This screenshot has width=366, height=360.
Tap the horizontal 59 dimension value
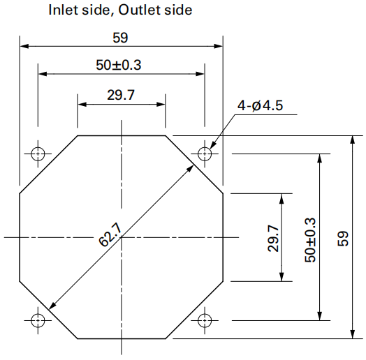[x=120, y=38]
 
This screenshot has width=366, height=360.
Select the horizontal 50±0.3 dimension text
[x=119, y=65]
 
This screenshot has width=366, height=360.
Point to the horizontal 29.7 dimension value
[x=121, y=95]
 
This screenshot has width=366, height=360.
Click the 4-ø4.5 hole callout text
[x=261, y=105]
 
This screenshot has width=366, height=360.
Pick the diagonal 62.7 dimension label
[x=110, y=234]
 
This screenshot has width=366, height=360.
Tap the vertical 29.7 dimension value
[x=273, y=238]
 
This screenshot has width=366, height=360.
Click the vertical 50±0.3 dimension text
[x=310, y=240]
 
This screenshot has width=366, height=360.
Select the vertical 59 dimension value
[x=343, y=239]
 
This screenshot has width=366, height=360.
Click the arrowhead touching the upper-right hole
[x=213, y=145]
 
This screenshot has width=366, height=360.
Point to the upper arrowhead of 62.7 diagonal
[x=190, y=168]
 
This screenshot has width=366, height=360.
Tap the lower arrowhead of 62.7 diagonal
[x=52, y=306]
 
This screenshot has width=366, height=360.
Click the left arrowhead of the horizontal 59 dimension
[x=24, y=46]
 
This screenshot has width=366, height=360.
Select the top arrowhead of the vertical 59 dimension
[x=353, y=140]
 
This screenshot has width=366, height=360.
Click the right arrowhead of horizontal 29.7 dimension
[x=161, y=104]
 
